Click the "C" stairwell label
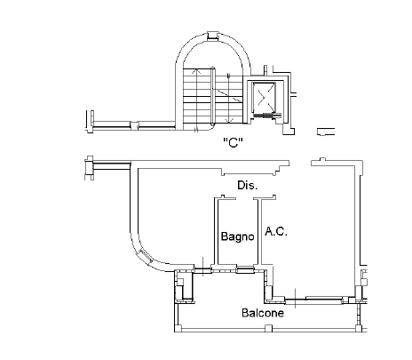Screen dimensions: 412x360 tap(234, 142)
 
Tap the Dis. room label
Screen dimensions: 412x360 tap(248, 186)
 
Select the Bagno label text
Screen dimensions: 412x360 tap(238, 236)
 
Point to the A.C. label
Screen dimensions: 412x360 tap(276, 231)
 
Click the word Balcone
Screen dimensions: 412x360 tap(263, 313)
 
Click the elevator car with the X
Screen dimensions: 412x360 tap(264, 98)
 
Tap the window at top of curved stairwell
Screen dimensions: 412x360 tap(212, 36)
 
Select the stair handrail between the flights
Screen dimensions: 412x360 tap(212, 97)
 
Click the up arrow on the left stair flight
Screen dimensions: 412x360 tap(195, 71)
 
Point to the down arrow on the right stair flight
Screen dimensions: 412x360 tap(229, 120)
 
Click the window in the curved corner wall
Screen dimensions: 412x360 tap(146, 257)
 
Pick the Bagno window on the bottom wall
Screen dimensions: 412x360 tap(245, 270)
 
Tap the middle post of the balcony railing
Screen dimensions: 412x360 tap(268, 328)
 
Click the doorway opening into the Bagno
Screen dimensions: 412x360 tap(245, 198)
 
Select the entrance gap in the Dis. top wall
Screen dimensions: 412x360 tap(300, 164)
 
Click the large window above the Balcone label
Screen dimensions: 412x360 tap(324, 298)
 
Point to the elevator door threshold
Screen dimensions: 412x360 tap(267, 116)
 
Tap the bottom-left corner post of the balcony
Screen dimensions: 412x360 tap(178, 328)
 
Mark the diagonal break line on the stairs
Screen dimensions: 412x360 tap(227, 94)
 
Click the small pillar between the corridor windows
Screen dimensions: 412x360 tap(134, 125)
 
